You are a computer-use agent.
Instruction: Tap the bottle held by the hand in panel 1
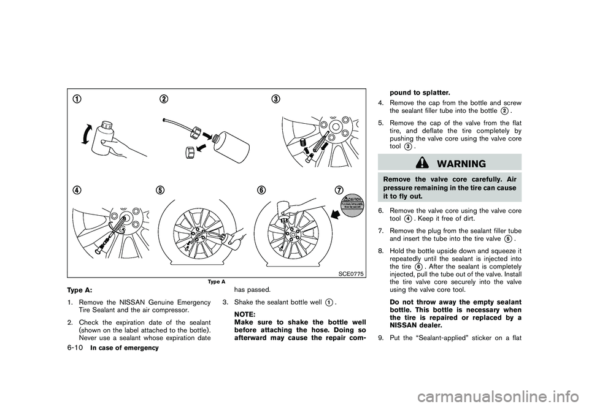pos(103,134)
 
